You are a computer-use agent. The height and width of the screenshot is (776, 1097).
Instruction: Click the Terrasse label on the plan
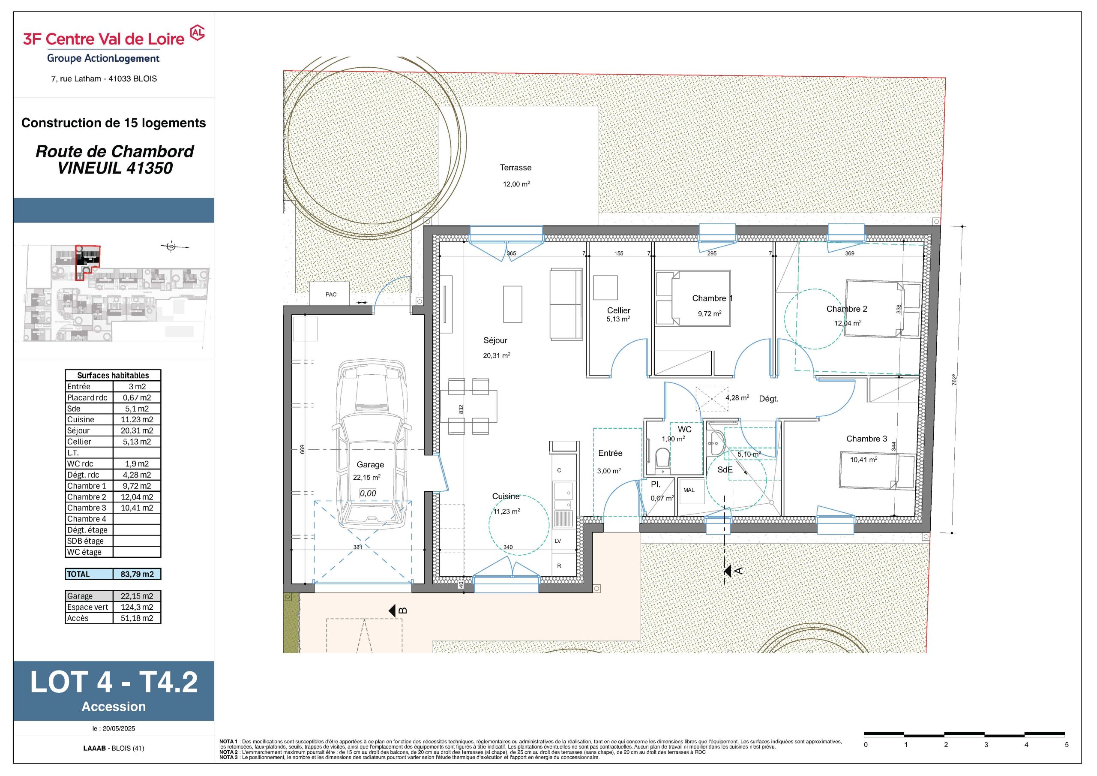coord(516,168)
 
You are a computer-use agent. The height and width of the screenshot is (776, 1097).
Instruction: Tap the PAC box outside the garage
coord(331,295)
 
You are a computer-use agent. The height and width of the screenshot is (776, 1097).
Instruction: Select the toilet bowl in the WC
coord(662,457)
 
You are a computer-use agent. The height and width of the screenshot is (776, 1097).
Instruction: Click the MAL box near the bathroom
coord(689,490)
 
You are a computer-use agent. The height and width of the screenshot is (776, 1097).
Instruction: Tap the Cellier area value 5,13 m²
coord(618,319)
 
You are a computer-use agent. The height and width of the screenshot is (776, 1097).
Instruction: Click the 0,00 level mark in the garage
coord(368,493)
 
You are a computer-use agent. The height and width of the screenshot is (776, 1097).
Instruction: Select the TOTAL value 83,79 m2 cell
coord(137,574)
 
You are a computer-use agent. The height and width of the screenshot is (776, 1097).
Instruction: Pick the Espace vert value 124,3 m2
coord(137,607)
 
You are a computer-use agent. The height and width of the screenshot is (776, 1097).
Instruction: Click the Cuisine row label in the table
coord(81,420)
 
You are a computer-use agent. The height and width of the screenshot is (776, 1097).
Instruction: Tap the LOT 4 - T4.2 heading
coord(114,682)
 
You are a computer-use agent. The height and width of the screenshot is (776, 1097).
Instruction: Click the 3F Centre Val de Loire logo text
coord(104,39)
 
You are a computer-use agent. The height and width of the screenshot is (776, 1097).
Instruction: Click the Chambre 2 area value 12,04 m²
coord(848,323)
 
